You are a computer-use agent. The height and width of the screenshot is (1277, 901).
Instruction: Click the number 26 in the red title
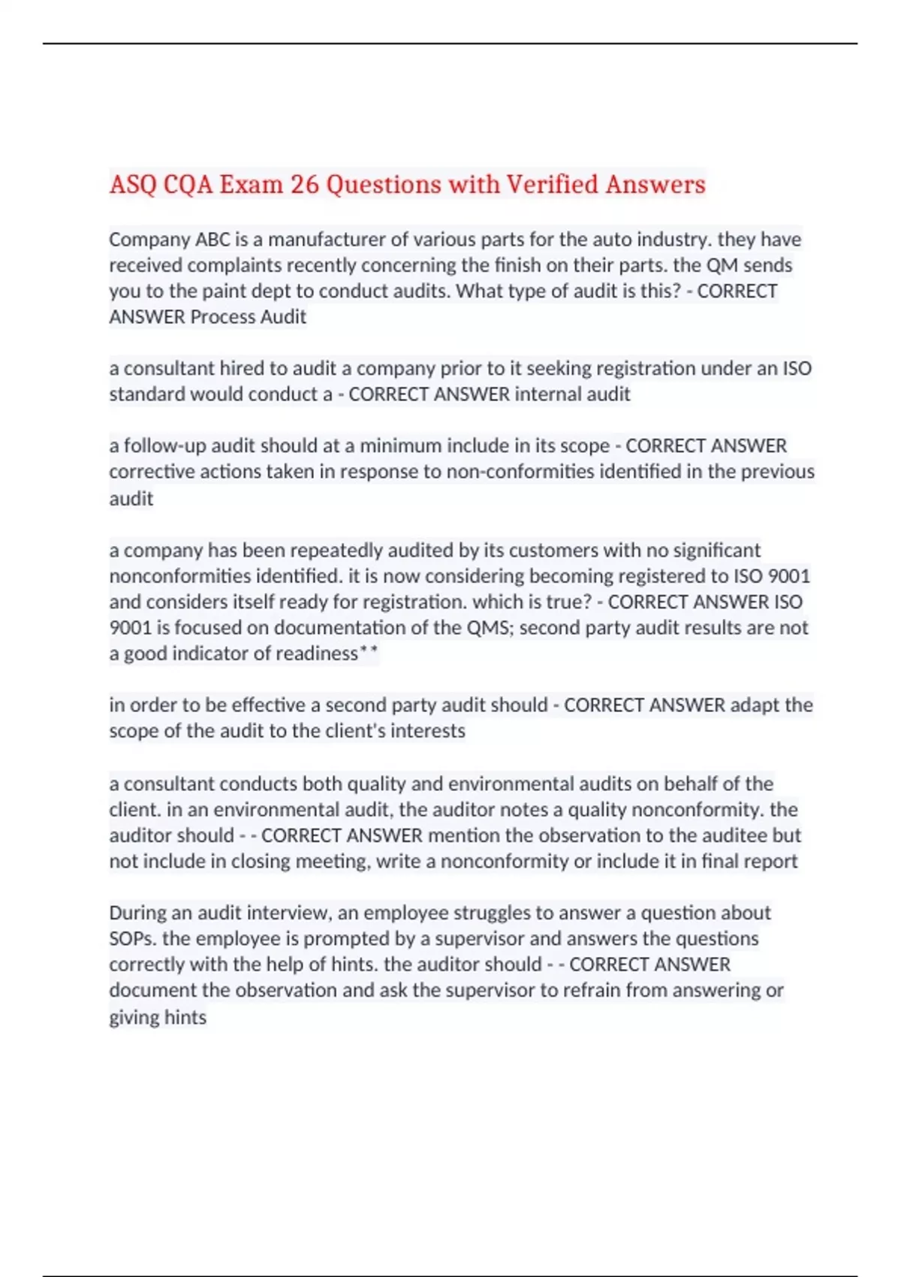pos(304,184)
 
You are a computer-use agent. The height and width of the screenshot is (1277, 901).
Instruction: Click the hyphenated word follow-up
pos(164,446)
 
